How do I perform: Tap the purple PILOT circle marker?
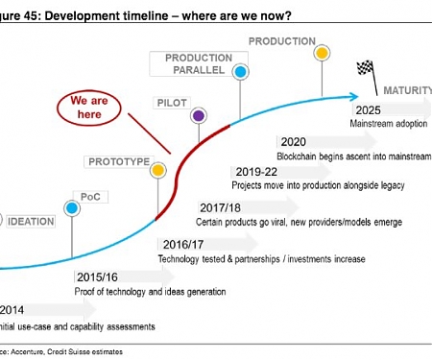(199, 116)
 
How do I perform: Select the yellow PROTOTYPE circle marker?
(158, 171)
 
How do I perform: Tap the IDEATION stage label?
(32, 221)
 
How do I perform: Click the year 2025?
(367, 109)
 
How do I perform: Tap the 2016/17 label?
(183, 244)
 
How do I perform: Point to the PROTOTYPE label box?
(118, 162)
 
